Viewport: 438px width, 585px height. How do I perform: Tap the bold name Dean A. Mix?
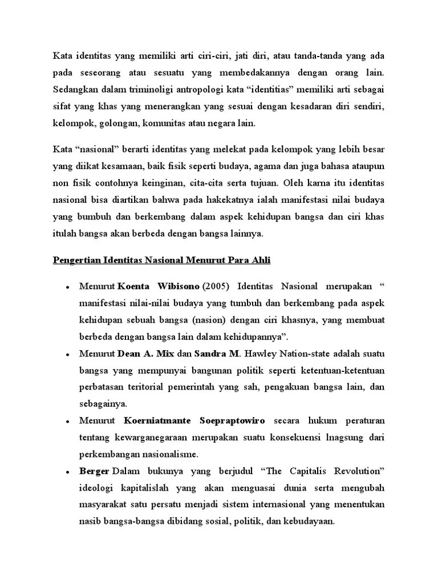(x=139, y=354)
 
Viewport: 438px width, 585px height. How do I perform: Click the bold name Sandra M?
(x=212, y=354)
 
